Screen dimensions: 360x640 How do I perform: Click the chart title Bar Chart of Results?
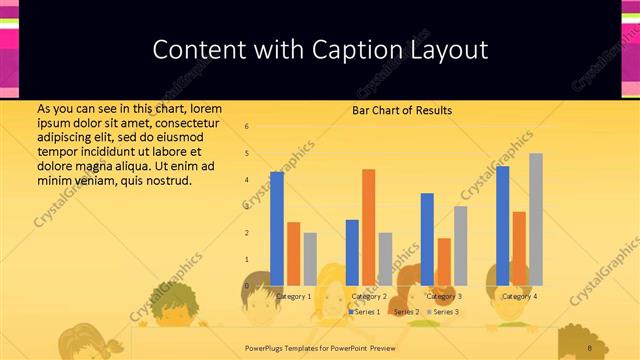402,110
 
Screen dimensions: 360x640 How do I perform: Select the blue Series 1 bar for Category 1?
277,228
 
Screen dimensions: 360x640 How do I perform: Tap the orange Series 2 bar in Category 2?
369,227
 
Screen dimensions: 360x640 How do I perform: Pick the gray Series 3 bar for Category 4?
536,219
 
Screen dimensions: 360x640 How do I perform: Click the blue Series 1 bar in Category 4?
503,225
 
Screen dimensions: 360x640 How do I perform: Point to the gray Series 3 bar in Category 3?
460,245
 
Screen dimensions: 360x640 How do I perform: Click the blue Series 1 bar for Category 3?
427,239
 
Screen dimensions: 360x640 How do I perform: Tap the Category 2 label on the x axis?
369,297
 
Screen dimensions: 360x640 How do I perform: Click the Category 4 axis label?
519,297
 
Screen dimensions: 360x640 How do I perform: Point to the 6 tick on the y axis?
247,127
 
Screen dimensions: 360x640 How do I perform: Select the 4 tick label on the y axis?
247,180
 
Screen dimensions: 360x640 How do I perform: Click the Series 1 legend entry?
364,312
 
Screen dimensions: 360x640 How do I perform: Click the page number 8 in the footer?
590,347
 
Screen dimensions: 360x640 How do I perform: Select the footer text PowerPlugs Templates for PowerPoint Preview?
321,347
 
